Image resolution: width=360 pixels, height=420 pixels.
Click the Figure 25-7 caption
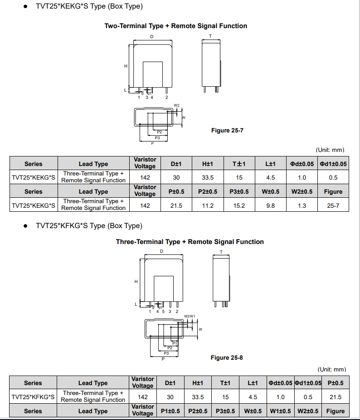[x=227, y=131]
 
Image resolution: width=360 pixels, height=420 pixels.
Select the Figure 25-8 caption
[x=227, y=358]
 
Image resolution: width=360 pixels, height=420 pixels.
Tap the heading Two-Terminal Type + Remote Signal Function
[x=176, y=26]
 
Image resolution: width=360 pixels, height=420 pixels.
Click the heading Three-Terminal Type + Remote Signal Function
[x=190, y=242]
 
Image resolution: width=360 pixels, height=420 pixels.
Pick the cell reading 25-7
[x=333, y=205]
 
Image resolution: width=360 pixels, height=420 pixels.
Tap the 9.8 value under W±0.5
[x=270, y=205]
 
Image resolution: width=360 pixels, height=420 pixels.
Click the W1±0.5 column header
[x=280, y=411]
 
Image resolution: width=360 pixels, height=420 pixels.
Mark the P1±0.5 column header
[x=170, y=411]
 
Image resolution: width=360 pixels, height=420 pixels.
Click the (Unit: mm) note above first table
[x=330, y=150]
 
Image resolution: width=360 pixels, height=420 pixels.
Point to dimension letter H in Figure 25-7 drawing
[x=126, y=66]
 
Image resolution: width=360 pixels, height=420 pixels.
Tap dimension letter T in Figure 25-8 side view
[x=221, y=252]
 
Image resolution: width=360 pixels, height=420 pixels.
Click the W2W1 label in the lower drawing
[x=190, y=316]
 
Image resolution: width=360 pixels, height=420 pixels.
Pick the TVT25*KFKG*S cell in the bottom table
[x=33, y=397]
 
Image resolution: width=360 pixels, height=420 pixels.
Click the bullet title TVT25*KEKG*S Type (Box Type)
[x=89, y=6]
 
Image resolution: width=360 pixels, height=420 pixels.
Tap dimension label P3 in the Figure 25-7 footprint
[x=157, y=137]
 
